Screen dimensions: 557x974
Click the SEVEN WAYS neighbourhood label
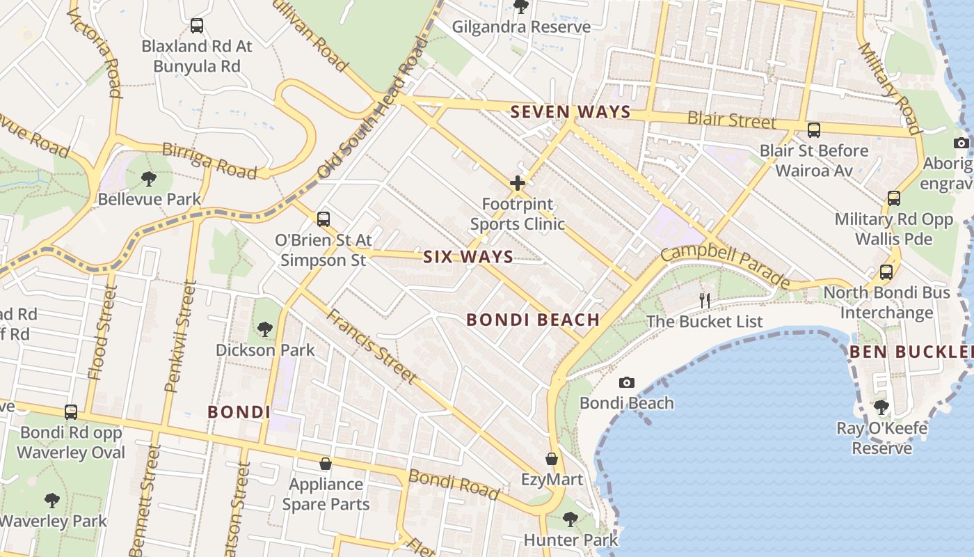pyautogui.click(x=570, y=111)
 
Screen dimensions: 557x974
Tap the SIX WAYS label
pyautogui.click(x=468, y=257)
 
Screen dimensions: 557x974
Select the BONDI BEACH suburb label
pyautogui.click(x=533, y=320)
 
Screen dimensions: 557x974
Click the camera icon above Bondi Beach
pyautogui.click(x=626, y=382)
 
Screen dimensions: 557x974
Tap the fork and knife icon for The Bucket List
pyautogui.click(x=705, y=301)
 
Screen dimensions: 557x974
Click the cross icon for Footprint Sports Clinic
pyautogui.click(x=517, y=184)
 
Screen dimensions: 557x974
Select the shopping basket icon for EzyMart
pyautogui.click(x=552, y=460)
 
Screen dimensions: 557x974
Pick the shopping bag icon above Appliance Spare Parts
pyautogui.click(x=325, y=464)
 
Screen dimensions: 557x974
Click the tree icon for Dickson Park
pyautogui.click(x=264, y=329)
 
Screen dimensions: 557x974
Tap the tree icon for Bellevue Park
pyautogui.click(x=148, y=179)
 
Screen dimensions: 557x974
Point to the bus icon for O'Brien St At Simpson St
pyautogui.click(x=323, y=219)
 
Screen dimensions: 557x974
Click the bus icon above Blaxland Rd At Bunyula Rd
pyautogui.click(x=197, y=26)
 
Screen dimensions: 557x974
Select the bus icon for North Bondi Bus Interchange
pyautogui.click(x=886, y=272)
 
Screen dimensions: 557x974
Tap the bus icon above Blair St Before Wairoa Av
pyautogui.click(x=813, y=130)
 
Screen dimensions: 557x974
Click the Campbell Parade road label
pyautogui.click(x=725, y=265)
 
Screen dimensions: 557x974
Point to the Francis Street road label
pyautogui.click(x=372, y=345)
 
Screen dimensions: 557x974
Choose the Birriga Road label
pyautogui.click(x=209, y=160)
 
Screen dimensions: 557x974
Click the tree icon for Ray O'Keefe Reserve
pyautogui.click(x=881, y=407)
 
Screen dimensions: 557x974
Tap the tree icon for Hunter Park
pyautogui.click(x=570, y=519)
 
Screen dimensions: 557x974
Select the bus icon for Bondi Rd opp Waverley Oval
pyautogui.click(x=71, y=412)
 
